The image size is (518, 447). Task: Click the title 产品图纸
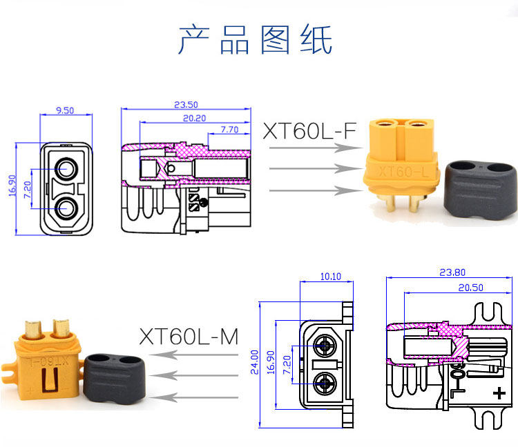pos(256,39)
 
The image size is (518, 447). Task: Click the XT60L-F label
pos(309,131)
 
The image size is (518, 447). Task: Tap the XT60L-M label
pos(188,337)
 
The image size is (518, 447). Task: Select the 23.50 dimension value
pos(186,105)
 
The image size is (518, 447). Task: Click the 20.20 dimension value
pos(195,117)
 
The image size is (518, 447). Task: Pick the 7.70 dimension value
pos(229,129)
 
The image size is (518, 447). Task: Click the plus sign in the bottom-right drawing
pos(499,393)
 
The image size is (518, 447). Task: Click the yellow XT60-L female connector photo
pos(401,162)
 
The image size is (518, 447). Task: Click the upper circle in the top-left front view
pos(68,168)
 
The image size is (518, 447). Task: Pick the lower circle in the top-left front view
pos(68,208)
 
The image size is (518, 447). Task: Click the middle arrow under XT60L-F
pos(307,168)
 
